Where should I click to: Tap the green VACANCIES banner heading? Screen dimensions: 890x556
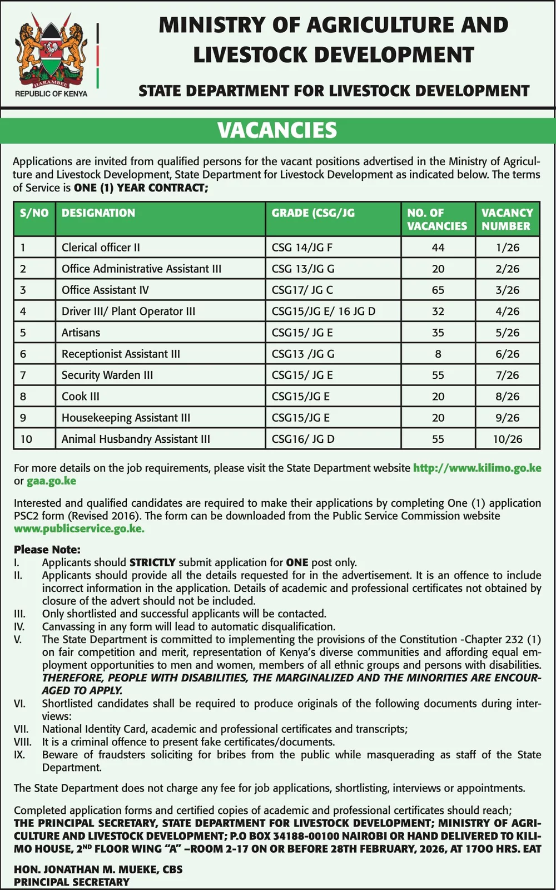tap(277, 130)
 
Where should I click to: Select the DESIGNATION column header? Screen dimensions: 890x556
tap(98, 213)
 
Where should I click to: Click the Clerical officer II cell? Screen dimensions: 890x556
tap(101, 248)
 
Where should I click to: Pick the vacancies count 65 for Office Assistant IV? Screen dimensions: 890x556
tap(438, 290)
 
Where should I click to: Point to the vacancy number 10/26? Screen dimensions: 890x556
tap(508, 439)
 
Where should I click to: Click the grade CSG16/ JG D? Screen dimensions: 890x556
tap(303, 439)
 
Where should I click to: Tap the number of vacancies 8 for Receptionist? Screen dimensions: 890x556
tap(438, 354)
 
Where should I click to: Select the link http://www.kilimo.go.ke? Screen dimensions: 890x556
tap(477, 468)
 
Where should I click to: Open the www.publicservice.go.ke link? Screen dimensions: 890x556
tap(79, 529)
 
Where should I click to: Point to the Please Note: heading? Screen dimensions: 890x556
tap(47, 550)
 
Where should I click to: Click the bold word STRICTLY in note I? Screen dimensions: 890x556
tap(152, 562)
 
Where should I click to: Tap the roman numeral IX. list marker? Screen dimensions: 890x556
tap(19, 755)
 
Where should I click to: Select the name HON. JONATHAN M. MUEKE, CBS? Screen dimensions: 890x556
tap(98, 869)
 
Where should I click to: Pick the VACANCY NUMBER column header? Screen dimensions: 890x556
tap(507, 220)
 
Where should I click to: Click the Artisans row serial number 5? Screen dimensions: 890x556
tap(23, 333)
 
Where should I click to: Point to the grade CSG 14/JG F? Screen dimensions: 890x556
tap(302, 248)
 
